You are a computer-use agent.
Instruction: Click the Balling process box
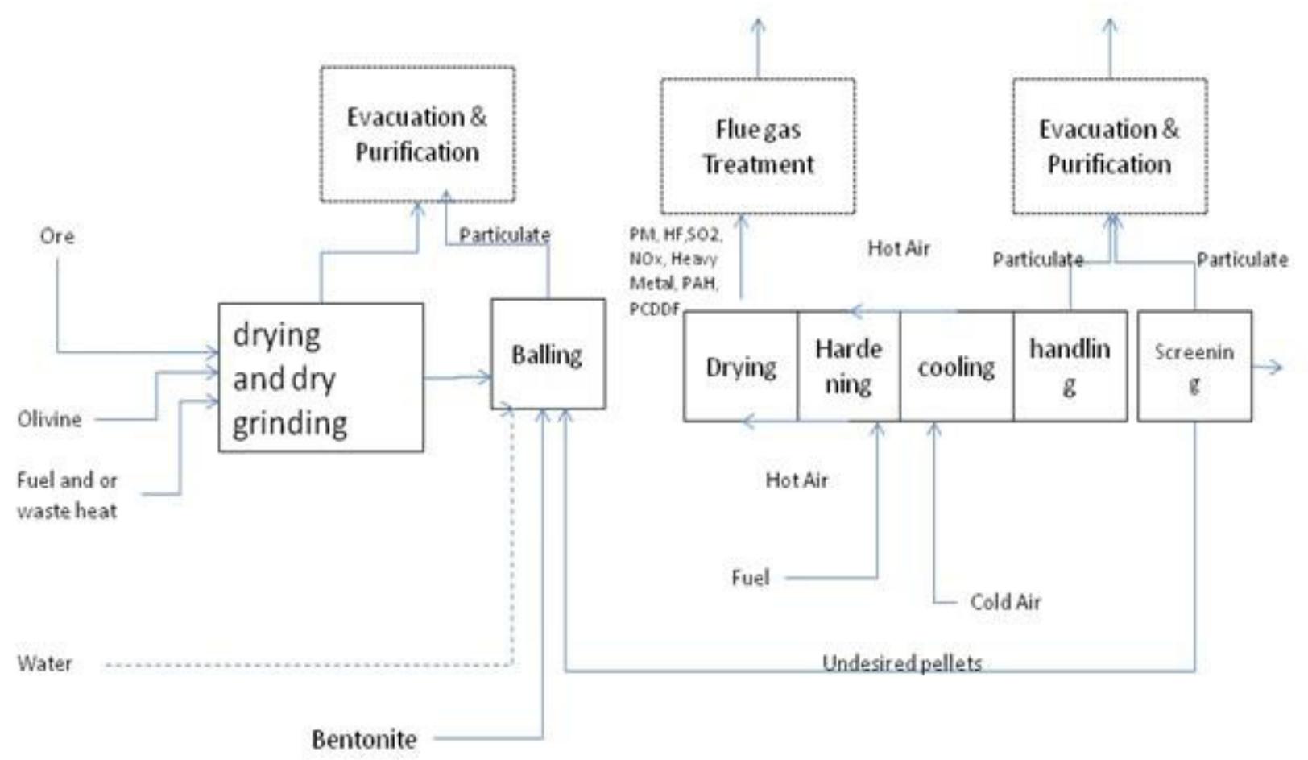[x=548, y=355]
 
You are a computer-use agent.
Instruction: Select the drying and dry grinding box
[x=321, y=377]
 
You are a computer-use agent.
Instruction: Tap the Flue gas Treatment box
[x=757, y=147]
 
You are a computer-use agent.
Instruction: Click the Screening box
[x=1194, y=367]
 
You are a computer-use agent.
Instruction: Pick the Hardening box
[x=848, y=367]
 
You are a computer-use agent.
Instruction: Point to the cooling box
[x=956, y=367]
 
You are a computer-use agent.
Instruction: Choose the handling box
[x=1070, y=367]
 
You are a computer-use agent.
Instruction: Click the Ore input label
[x=57, y=236]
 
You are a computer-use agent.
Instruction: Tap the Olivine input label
[x=49, y=419]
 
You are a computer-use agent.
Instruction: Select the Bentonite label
[x=364, y=739]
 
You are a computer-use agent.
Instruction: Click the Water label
[x=45, y=664]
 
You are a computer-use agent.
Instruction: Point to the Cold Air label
[x=1005, y=602]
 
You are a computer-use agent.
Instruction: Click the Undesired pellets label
[x=901, y=663]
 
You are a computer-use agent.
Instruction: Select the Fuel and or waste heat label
[x=67, y=495]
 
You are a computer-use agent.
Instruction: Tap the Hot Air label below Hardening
[x=796, y=480]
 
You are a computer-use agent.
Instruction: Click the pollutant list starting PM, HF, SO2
[x=675, y=271]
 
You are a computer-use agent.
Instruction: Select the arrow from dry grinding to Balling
[x=457, y=377]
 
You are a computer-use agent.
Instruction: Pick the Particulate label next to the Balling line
[x=504, y=235]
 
